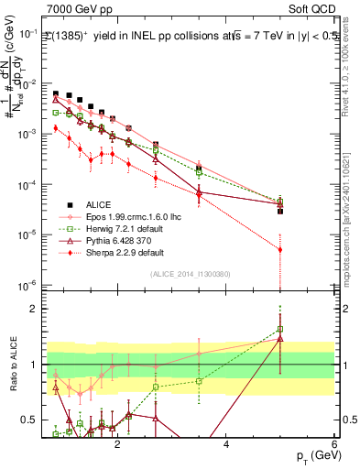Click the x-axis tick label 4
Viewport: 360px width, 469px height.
[226, 446]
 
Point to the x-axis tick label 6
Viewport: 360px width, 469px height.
[334, 446]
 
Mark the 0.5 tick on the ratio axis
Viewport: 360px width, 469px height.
[33, 420]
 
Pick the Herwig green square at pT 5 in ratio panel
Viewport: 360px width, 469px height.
[280, 329]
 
